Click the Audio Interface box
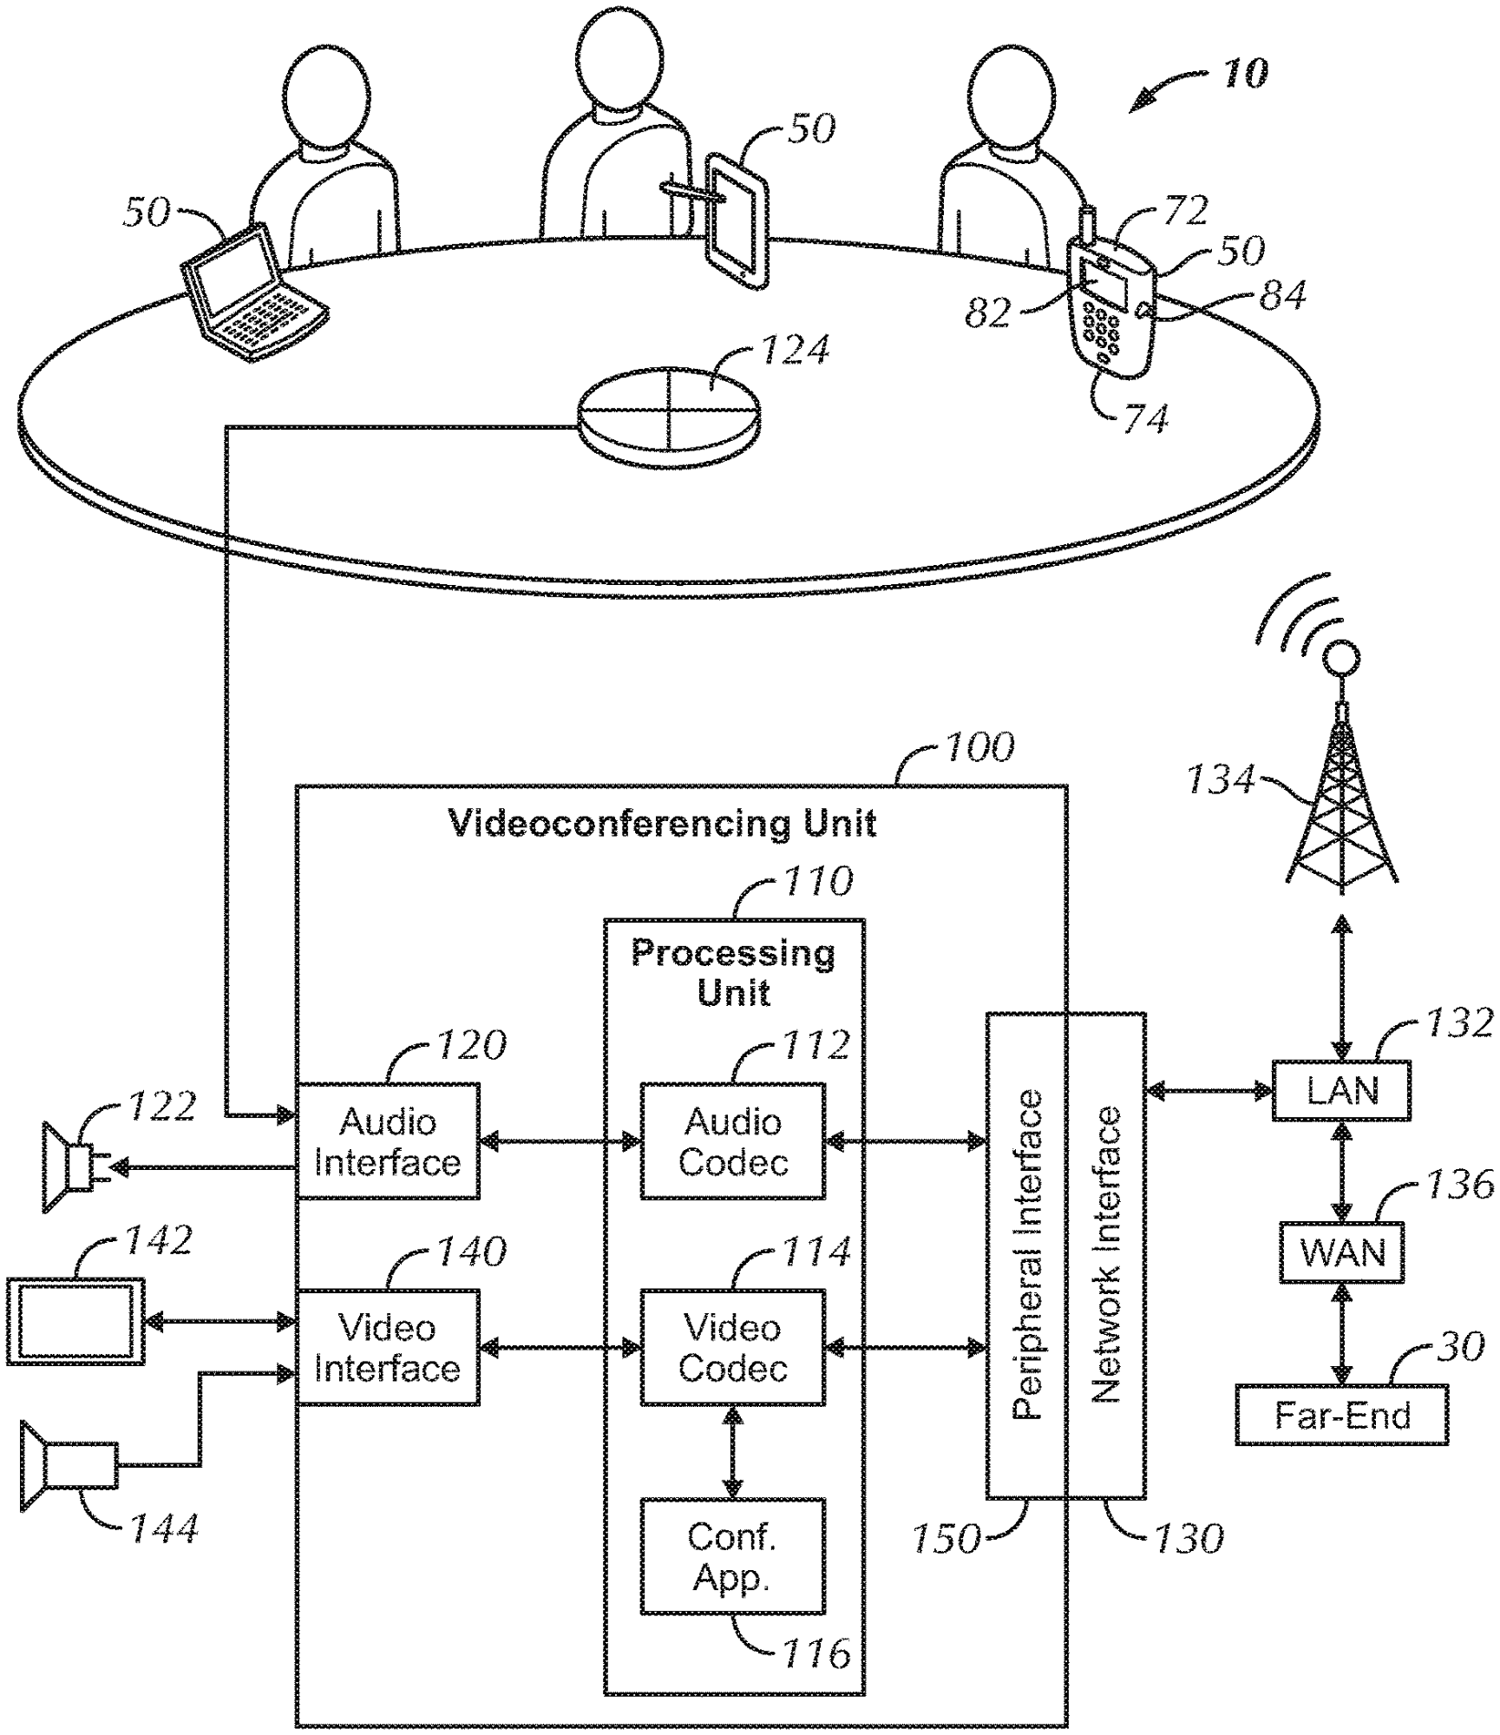(387, 1141)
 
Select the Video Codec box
(732, 1348)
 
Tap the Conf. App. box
(732, 1556)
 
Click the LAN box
(1341, 1090)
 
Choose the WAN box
(1341, 1252)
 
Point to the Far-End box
(1341, 1416)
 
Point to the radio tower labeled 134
(1341, 807)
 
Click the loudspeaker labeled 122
(69, 1167)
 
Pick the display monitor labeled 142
(75, 1321)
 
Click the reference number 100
(979, 747)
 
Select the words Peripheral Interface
(1027, 1254)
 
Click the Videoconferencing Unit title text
(663, 823)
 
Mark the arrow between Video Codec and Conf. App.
(733, 1453)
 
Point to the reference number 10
(1246, 74)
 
